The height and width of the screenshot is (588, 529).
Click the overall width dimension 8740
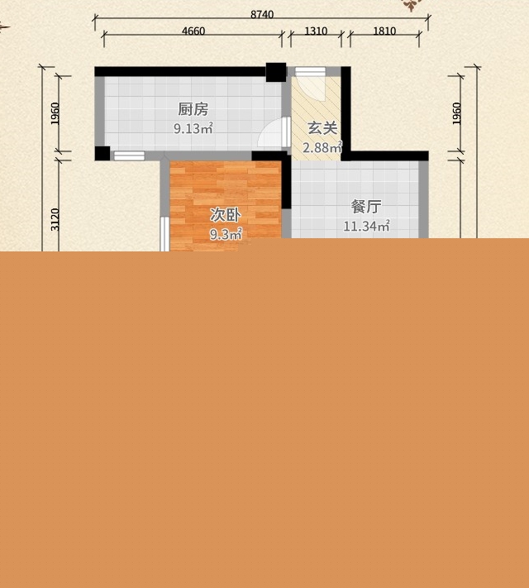262,14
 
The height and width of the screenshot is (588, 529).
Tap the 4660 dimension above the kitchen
193,31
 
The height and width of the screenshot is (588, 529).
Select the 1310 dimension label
316,31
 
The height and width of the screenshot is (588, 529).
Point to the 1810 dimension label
384,31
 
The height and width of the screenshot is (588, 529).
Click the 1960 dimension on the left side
55,113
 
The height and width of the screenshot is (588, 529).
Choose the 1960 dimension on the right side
456,113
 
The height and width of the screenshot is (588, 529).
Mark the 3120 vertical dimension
55,219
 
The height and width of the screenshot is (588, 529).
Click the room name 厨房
193,109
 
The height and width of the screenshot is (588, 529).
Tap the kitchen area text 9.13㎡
193,129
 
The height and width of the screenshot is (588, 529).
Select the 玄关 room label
322,128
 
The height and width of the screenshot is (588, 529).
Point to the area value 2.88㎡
322,147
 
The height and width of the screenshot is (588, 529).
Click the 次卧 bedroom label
225,215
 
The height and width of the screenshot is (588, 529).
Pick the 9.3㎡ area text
226,234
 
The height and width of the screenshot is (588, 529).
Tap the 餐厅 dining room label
366,206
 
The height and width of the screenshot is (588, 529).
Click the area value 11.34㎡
367,226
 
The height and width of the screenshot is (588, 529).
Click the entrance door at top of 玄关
310,72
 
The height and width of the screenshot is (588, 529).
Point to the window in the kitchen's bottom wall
129,155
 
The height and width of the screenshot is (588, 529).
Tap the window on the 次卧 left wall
164,234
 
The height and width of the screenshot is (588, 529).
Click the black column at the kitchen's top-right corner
276,72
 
